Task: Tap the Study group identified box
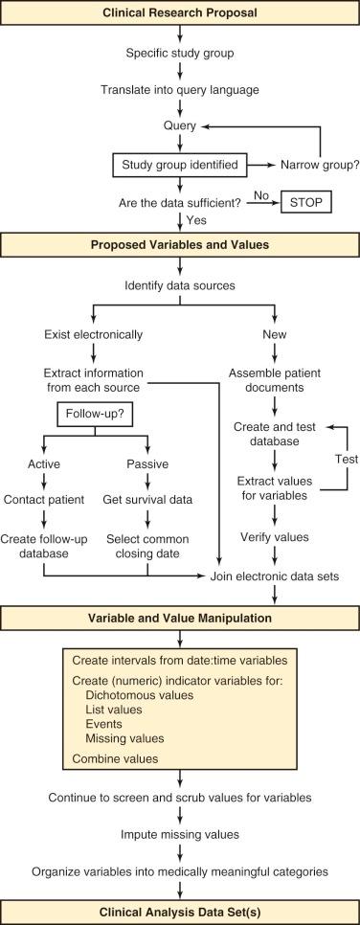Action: tap(180, 165)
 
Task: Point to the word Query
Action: tap(180, 126)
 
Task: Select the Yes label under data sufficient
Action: tap(197, 220)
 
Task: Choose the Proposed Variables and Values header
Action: tap(180, 244)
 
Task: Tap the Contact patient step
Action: tap(44, 499)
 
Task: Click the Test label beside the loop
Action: tap(348, 460)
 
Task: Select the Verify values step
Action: tap(276, 537)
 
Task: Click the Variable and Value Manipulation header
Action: tap(180, 619)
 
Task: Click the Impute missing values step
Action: tap(180, 834)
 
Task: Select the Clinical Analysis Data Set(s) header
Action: tap(180, 912)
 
